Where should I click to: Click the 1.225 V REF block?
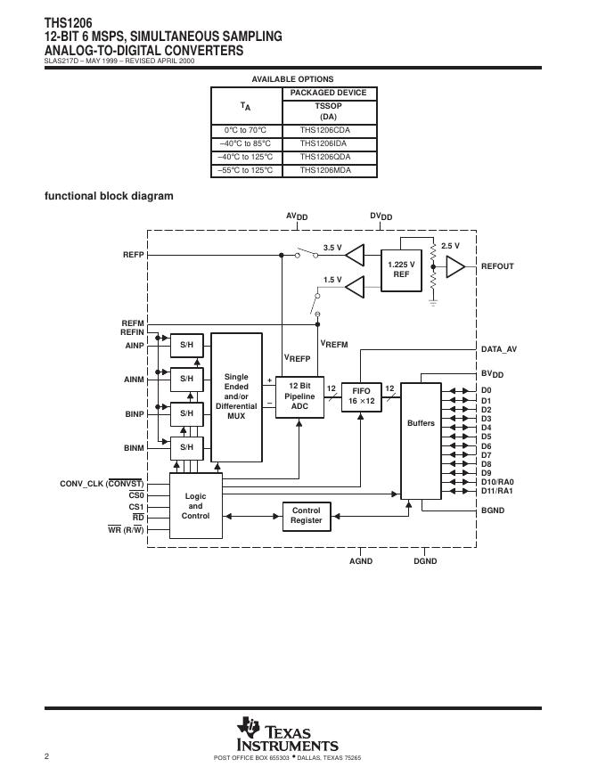[401, 269]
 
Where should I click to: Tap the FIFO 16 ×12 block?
[361, 396]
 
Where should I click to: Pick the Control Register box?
[307, 516]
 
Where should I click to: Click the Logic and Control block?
[195, 506]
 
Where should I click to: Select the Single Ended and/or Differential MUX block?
[236, 397]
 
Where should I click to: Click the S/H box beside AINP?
[186, 344]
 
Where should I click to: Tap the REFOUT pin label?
[497, 266]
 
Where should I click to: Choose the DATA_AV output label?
[498, 349]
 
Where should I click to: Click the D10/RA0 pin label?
[497, 482]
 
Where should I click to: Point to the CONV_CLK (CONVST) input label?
[102, 484]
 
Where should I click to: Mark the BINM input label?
[134, 447]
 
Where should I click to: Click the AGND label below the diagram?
[361, 562]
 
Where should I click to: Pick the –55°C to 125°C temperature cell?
[246, 169]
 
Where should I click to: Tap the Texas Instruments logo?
[287, 736]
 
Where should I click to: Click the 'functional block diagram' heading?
[109, 196]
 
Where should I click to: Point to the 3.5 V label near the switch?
[332, 247]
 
